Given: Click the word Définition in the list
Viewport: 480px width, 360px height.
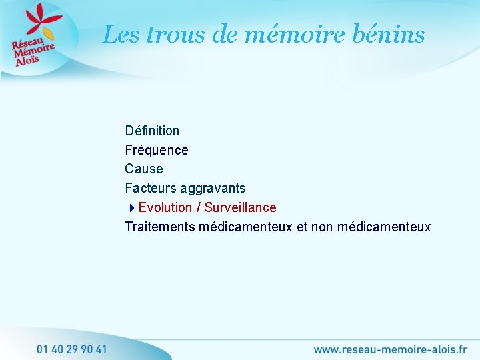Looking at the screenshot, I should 152,131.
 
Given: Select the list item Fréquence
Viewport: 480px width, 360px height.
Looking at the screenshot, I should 157,150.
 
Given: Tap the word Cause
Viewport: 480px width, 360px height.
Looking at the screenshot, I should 143,169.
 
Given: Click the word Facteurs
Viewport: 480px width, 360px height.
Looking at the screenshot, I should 149,189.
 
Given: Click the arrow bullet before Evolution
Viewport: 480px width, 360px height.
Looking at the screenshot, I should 132,208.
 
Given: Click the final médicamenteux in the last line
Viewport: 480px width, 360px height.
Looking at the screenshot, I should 384,227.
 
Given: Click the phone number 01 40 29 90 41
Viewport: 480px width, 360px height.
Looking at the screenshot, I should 72,349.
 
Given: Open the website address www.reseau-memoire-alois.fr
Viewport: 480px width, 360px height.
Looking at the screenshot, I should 390,349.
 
